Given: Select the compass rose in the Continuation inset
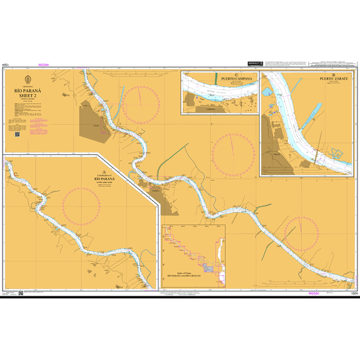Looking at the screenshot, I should click(81, 206).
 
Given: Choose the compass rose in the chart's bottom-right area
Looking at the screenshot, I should click(300, 233).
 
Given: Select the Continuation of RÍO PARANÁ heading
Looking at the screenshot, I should click(103, 178).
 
